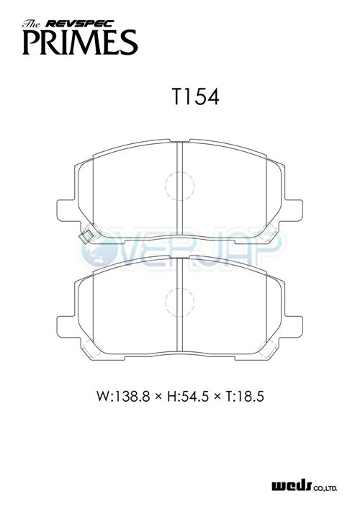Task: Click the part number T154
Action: tap(196, 96)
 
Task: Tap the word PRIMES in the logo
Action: tap(80, 42)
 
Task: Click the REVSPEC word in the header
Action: tap(79, 23)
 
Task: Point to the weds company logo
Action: tap(292, 486)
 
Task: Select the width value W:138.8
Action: tap(123, 396)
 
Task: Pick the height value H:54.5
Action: tap(187, 396)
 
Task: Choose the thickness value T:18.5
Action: tap(244, 396)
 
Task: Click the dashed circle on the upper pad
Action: tap(166, 186)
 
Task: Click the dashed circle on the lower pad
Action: tap(166, 302)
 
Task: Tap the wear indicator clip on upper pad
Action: tap(86, 236)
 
